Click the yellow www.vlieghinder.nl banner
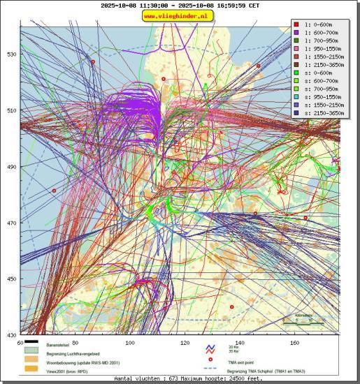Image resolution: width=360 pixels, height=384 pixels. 179,16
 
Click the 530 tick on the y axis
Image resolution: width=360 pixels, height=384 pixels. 12,54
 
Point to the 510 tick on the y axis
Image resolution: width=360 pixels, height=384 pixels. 12,110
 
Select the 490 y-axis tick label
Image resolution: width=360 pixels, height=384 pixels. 12,167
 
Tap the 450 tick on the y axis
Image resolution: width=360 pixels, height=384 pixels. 12,279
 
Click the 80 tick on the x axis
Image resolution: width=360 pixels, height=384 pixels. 74,343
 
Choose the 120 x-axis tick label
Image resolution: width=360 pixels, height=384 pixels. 185,343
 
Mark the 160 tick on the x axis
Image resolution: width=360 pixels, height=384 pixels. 295,343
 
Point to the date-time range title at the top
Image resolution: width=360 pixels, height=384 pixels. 179,6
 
